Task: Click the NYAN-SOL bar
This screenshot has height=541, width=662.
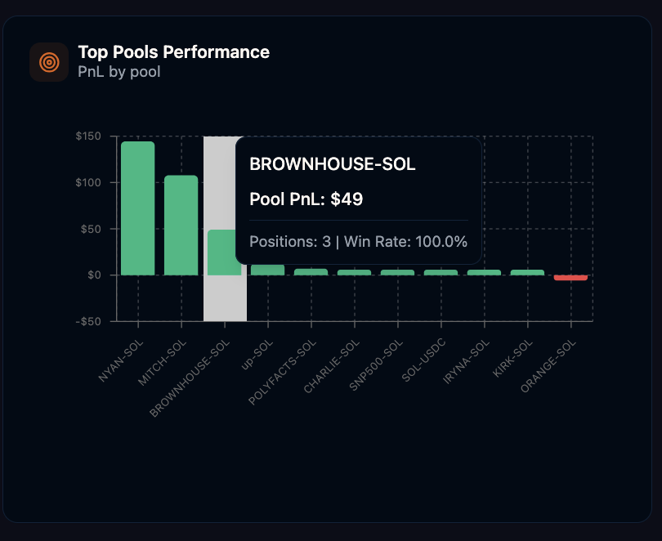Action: click(137, 208)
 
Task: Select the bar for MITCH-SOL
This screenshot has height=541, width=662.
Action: click(181, 225)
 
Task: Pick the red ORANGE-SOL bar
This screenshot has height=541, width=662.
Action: click(570, 278)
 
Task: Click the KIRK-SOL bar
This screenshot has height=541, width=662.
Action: click(527, 272)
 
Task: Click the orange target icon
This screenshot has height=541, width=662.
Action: click(49, 62)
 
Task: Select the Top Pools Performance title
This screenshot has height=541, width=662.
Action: click(173, 52)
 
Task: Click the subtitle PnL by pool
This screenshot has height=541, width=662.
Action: click(119, 72)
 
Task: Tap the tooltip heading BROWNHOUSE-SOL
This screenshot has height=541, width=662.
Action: click(332, 164)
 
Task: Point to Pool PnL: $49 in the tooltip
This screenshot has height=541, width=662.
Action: click(306, 199)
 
